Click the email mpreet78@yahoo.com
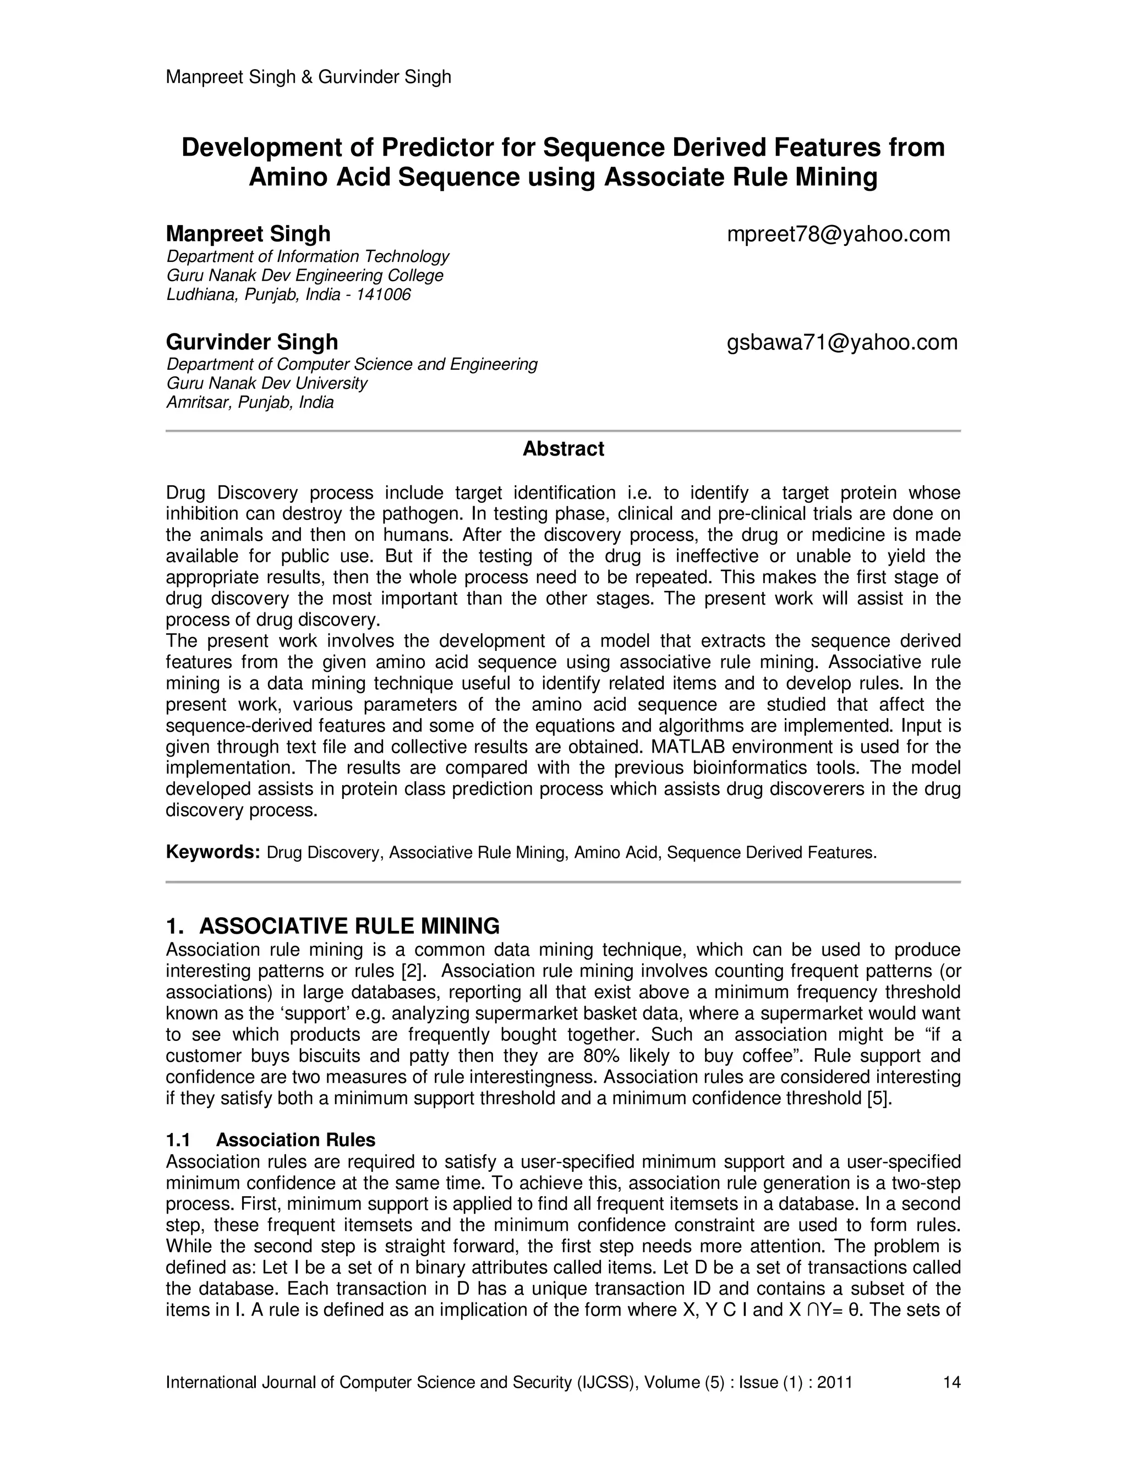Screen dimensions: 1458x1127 click(838, 234)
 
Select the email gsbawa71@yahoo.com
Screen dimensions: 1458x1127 click(841, 342)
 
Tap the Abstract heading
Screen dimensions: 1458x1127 click(563, 448)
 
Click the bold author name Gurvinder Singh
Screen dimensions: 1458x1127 click(251, 342)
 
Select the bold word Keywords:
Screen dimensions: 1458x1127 click(212, 852)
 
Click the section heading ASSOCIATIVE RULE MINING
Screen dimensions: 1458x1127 click(349, 926)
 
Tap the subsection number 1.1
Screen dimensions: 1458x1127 click(178, 1139)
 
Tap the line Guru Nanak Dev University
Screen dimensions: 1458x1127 click(267, 383)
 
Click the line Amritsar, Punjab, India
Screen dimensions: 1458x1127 click(250, 403)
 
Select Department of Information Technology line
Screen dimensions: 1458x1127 click(308, 256)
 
